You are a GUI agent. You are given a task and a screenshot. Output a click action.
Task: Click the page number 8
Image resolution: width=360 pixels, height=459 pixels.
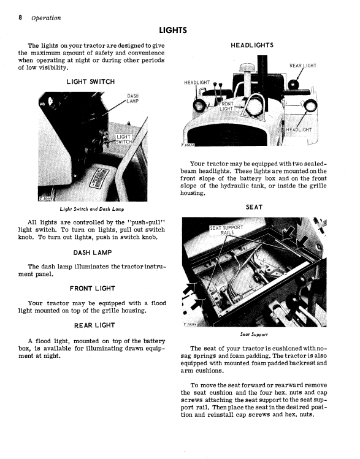[x=20, y=18]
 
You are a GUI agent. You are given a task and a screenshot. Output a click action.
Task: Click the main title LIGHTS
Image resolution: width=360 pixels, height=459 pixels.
[x=173, y=31]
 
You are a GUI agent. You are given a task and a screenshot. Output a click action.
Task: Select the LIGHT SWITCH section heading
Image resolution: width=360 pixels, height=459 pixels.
[x=91, y=82]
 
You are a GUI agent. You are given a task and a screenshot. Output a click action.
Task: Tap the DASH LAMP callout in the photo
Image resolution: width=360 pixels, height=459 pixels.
[x=132, y=99]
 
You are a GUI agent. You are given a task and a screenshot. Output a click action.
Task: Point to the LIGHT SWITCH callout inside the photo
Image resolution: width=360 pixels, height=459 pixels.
[x=124, y=139]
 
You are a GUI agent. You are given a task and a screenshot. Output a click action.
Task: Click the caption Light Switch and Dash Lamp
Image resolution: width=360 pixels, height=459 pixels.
[x=92, y=209]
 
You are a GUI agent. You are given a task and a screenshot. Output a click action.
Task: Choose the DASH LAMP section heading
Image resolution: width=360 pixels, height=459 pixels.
[x=93, y=252]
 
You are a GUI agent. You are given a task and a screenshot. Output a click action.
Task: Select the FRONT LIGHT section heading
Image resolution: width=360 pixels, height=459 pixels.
[x=93, y=289]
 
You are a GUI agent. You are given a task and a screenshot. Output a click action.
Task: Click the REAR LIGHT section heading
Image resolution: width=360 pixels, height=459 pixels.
[x=94, y=325]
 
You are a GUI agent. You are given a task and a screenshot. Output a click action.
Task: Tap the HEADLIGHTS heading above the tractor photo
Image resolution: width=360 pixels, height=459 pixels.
[x=252, y=45]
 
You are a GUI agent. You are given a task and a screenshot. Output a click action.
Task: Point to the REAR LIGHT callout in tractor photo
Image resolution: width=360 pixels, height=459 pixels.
[x=303, y=66]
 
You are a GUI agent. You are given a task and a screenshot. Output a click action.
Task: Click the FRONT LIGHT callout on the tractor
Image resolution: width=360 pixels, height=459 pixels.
[x=226, y=106]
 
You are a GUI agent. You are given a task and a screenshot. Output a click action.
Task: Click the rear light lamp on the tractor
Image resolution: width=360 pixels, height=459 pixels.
[x=293, y=85]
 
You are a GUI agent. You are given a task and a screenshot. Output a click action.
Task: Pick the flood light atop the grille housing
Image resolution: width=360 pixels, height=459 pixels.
[x=255, y=105]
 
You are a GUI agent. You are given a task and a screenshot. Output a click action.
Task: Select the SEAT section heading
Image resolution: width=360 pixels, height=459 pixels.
[x=254, y=207]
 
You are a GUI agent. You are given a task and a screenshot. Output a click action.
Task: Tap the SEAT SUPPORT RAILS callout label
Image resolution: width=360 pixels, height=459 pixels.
[x=226, y=230]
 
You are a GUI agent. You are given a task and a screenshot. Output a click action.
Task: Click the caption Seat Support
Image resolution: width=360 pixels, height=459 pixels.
[x=254, y=335]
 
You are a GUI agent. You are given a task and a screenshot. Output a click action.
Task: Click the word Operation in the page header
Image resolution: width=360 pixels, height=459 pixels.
[x=46, y=18]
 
